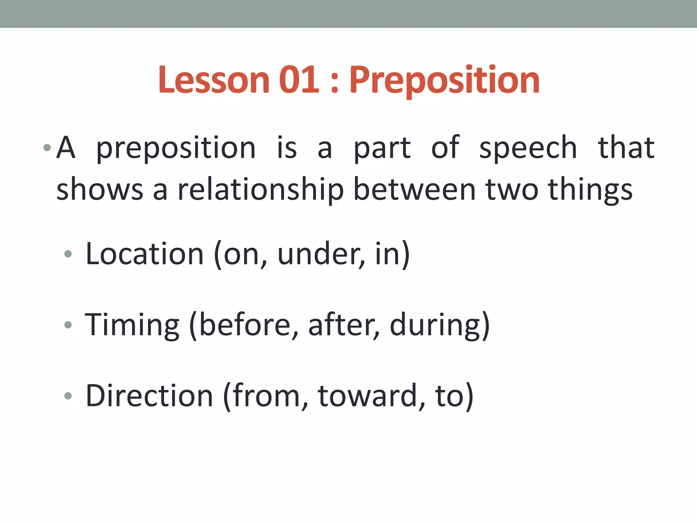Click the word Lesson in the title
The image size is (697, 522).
[x=214, y=80]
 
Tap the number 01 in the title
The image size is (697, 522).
[x=299, y=80]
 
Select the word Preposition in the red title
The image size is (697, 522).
[x=444, y=81]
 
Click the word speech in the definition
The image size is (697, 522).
[x=528, y=148]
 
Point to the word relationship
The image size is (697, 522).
[x=261, y=190]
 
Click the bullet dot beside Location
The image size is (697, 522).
[x=68, y=254]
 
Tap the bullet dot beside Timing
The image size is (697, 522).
[x=68, y=325]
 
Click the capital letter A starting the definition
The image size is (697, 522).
[x=66, y=147]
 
